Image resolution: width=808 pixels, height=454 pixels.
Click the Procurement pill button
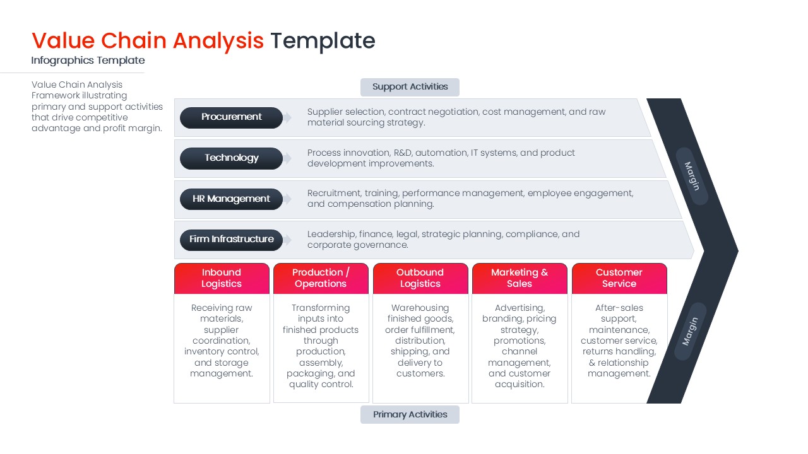(231, 117)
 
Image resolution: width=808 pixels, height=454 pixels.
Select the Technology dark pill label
(231, 158)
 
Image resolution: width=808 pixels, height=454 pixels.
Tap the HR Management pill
(231, 199)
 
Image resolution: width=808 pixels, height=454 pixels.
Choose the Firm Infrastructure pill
(231, 240)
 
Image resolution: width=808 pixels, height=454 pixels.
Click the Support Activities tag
(410, 87)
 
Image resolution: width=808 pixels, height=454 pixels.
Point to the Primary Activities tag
(410, 414)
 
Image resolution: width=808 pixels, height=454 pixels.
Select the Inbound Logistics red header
(222, 278)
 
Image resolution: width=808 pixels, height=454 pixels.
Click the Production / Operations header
(321, 278)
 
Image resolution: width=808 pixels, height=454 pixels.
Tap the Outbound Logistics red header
(420, 278)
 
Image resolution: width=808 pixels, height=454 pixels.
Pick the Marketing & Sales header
(520, 278)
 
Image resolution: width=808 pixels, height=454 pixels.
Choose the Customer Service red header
(619, 278)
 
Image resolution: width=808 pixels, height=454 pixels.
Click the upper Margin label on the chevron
(692, 177)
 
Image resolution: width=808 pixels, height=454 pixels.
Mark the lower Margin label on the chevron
(690, 332)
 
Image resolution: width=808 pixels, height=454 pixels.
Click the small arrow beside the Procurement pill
(288, 118)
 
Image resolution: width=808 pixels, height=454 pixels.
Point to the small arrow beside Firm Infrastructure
(288, 240)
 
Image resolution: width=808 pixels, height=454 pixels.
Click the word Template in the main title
(323, 41)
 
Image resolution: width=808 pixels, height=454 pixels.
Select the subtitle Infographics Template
(88, 61)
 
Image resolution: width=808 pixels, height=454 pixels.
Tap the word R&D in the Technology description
(403, 153)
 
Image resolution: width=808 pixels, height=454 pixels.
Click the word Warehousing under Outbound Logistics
(420, 308)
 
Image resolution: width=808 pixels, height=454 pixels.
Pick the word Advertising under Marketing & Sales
(519, 308)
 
